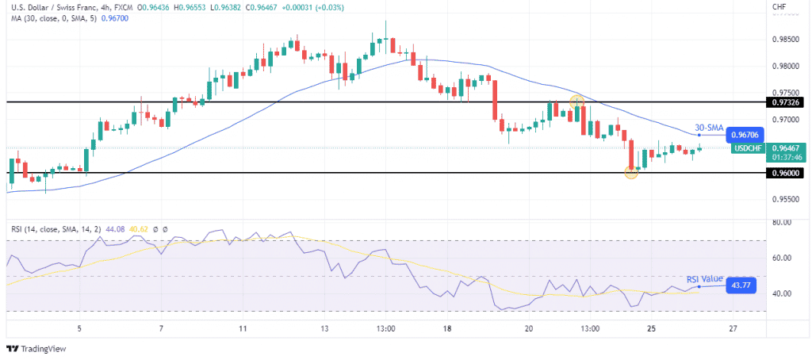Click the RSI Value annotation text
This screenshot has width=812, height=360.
704,279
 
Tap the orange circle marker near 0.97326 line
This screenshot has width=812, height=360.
577,102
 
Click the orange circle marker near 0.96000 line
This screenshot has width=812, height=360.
631,173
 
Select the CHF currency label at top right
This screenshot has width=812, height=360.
779,7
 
